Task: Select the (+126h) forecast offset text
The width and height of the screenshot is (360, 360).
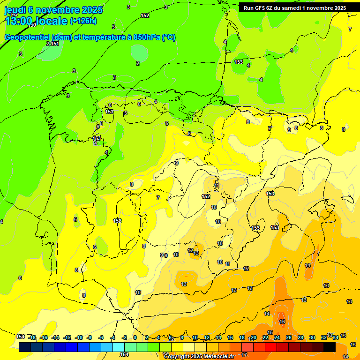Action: pyautogui.click(x=83, y=21)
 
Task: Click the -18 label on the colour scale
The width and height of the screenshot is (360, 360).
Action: pyautogui.click(x=32, y=337)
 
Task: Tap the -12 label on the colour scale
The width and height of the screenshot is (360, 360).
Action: pyautogui.click(x=67, y=337)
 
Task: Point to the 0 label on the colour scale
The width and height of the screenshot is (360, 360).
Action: pyautogui.click(x=135, y=337)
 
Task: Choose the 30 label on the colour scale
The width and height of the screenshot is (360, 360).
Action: pyautogui.click(x=312, y=337)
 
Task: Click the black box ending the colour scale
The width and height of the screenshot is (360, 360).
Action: pyautogui.click(x=329, y=347)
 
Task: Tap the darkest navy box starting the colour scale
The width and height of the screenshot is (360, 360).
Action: pyautogui.click(x=25, y=347)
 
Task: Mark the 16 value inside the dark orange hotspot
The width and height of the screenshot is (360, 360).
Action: pyautogui.click(x=282, y=322)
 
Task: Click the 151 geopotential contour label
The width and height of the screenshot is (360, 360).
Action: pyautogui.click(x=55, y=44)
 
